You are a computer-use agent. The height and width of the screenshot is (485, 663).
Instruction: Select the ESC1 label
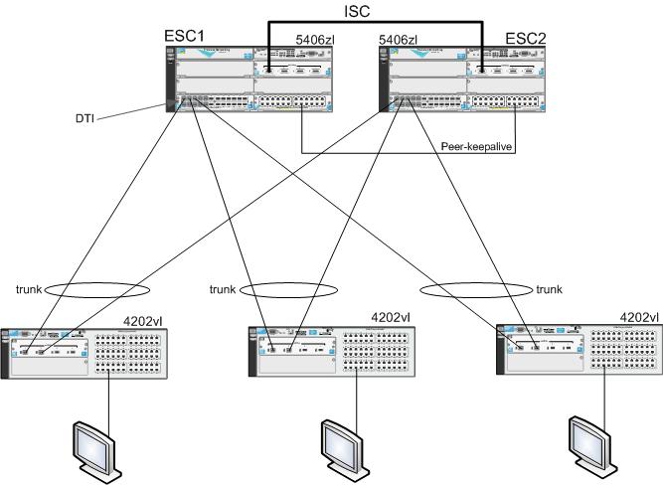tap(185, 37)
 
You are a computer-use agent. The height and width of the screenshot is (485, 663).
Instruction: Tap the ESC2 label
tap(526, 39)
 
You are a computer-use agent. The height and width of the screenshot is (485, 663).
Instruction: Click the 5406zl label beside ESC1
tap(318, 40)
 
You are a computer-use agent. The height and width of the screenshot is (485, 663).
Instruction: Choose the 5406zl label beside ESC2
tap(399, 40)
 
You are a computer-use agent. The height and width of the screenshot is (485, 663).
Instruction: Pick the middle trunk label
tap(224, 289)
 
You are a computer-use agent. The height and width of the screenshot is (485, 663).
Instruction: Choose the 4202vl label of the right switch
tap(637, 317)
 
